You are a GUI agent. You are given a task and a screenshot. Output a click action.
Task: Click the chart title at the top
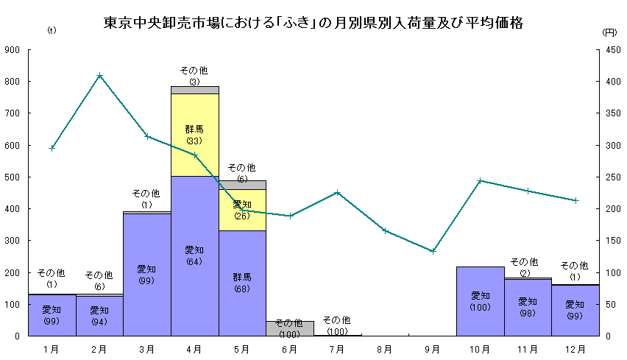tap(313, 23)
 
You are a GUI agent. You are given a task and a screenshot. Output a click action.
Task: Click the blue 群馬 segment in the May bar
tap(242, 283)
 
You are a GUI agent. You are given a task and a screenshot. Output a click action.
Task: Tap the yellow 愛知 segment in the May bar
tap(242, 210)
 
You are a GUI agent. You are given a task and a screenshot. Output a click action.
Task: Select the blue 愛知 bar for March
tap(146, 274)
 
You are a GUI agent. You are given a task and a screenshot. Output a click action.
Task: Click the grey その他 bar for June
tap(289, 328)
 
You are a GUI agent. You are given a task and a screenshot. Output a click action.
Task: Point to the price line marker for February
tap(99, 76)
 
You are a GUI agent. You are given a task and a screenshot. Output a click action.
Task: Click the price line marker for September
tap(433, 251)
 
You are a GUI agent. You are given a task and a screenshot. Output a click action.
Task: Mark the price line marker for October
tap(480, 180)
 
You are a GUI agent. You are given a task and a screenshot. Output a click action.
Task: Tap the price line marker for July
tap(337, 193)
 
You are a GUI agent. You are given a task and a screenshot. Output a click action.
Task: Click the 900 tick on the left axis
tap(13, 50)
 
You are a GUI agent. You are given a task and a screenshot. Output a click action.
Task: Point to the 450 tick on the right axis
tap(612, 50)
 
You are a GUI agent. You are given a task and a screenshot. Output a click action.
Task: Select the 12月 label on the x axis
tap(575, 348)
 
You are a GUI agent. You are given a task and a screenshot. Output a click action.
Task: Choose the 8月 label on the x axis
tap(385, 348)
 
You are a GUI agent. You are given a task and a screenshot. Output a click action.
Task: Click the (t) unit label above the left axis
tap(52, 30)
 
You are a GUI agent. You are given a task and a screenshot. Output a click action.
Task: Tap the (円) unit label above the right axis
tap(609, 32)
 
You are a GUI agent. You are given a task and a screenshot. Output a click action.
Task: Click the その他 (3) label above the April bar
tap(194, 76)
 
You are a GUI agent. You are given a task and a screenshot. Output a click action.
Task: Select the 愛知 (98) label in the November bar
tap(528, 308)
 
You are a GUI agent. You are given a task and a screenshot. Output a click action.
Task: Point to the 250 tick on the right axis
tap(612, 177)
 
